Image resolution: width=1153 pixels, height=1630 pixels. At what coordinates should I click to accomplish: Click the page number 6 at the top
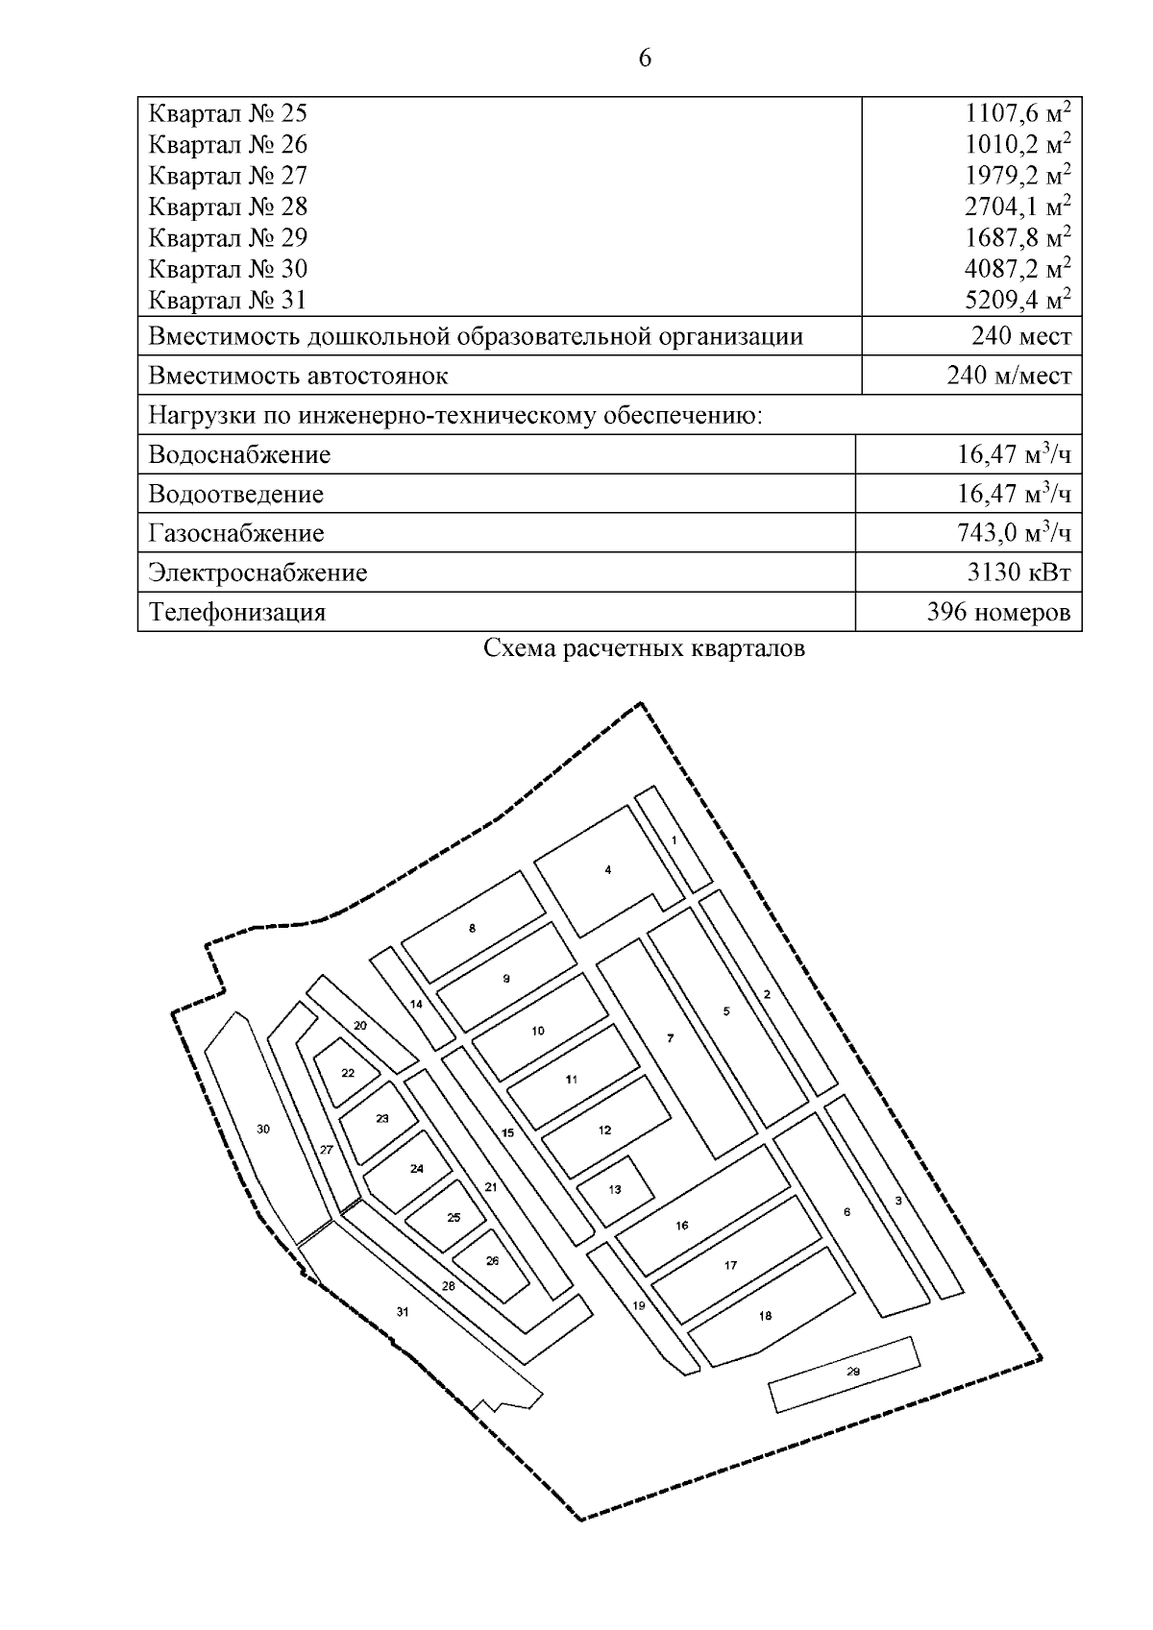[x=644, y=60]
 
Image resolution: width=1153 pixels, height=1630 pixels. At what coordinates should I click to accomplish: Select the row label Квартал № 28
[x=228, y=207]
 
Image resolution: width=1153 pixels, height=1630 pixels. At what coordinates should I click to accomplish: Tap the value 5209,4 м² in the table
[x=1018, y=301]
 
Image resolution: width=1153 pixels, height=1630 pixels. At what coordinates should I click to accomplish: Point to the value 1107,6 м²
[x=1018, y=113]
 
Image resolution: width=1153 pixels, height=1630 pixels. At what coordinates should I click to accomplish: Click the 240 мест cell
[x=1021, y=337]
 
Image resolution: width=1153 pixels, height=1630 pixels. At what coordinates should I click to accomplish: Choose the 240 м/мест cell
[x=1009, y=376]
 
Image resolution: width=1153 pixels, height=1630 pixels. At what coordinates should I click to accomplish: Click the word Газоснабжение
[x=236, y=533]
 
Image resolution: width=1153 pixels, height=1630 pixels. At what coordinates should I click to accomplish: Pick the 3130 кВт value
[x=1018, y=573]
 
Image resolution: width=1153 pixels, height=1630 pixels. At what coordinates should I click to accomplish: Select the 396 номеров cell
[x=998, y=613]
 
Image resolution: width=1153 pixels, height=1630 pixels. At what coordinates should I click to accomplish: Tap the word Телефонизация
[x=237, y=613]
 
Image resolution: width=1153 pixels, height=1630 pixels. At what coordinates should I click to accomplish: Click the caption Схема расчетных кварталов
[x=644, y=649]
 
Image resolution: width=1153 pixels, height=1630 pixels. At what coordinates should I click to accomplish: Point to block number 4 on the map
[x=607, y=870]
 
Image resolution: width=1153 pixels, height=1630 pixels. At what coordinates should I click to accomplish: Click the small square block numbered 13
[x=615, y=1189]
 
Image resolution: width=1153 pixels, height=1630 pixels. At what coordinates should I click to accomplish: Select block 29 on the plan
[x=852, y=1372]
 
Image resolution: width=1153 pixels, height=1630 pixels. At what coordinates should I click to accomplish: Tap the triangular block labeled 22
[x=348, y=1073]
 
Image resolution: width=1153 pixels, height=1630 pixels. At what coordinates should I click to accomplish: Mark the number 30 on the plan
[x=263, y=1130]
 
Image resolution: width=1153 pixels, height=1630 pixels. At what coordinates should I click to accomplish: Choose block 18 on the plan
[x=765, y=1316]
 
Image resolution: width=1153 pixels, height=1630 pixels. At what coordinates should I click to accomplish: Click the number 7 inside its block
[x=670, y=1038]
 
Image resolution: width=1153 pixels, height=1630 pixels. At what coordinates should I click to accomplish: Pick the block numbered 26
[x=492, y=1261]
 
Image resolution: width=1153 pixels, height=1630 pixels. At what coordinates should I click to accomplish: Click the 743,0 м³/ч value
[x=1014, y=533]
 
